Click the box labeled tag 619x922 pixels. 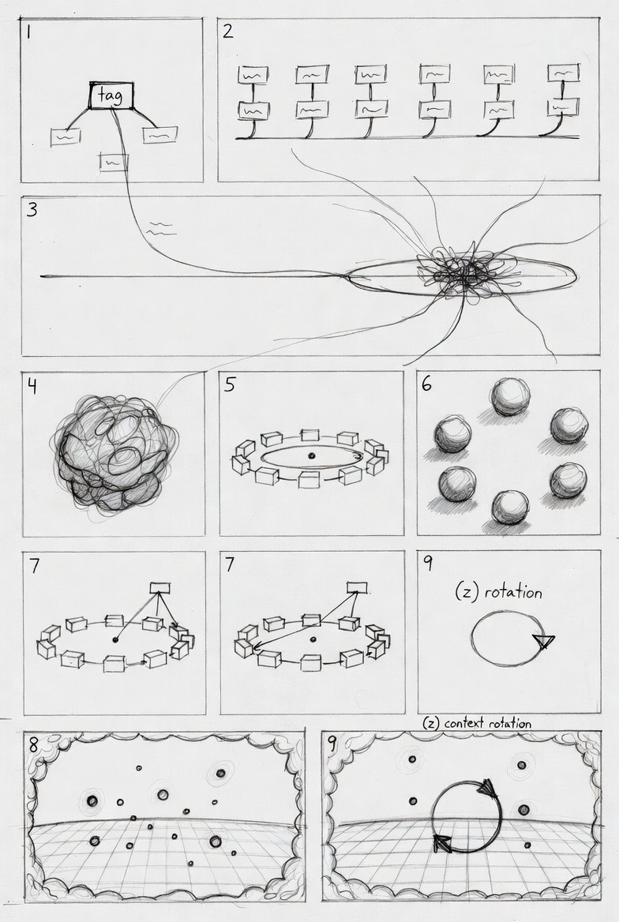tap(111, 96)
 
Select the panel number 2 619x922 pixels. tap(227, 31)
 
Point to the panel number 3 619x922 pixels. tap(32, 208)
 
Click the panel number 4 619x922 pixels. tap(32, 386)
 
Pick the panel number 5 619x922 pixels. tap(230, 384)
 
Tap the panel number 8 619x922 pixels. tap(33, 744)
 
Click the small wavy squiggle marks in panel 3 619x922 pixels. tap(160, 229)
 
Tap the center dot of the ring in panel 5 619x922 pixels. tap(310, 455)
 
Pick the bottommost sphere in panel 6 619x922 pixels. tap(509, 506)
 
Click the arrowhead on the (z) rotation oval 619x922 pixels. tap(545, 641)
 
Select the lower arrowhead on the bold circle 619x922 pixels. tap(442, 844)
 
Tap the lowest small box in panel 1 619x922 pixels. tap(114, 161)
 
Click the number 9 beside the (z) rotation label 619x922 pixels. tap(428, 564)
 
